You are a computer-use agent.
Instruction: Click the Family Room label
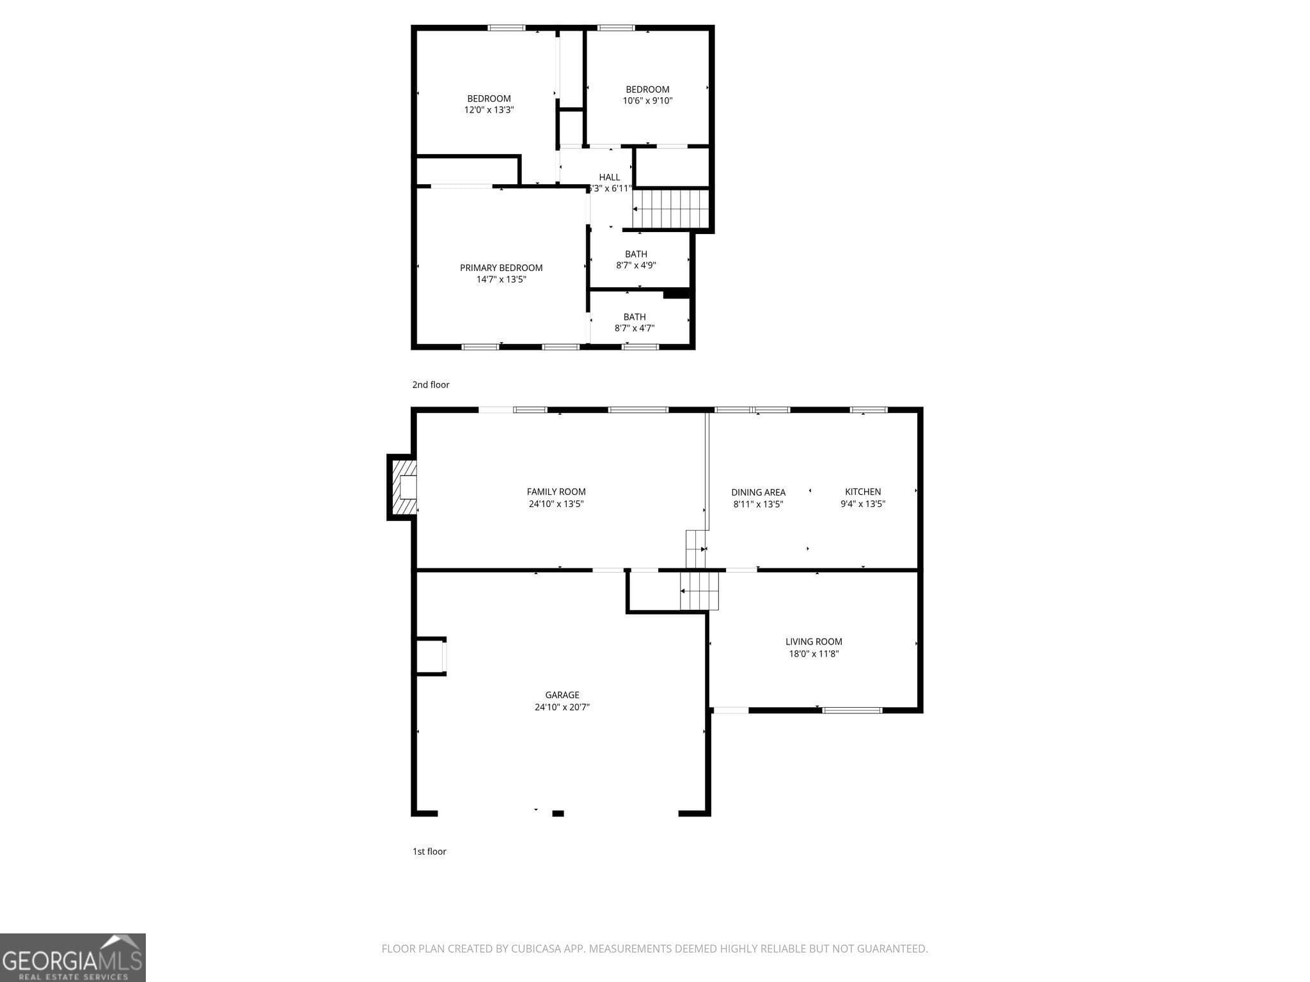click(x=556, y=492)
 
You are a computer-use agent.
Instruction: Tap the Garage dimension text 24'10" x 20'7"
click(x=562, y=707)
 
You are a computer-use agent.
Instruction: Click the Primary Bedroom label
click(x=501, y=268)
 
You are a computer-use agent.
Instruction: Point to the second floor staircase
click(x=671, y=208)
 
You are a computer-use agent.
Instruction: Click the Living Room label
click(x=813, y=641)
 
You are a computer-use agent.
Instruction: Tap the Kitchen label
click(x=862, y=492)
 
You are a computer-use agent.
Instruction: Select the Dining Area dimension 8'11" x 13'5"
click(x=758, y=504)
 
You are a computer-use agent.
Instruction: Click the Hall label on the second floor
click(x=609, y=177)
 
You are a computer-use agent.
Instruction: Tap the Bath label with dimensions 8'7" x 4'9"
click(x=636, y=254)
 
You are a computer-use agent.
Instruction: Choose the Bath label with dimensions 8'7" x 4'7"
click(x=634, y=317)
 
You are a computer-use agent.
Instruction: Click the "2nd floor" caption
click(x=430, y=384)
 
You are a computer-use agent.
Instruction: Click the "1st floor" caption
click(x=429, y=851)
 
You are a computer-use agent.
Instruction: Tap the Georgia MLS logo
click(x=72, y=957)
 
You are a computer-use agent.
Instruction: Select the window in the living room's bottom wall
click(x=851, y=710)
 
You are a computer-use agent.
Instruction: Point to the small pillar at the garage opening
click(x=558, y=813)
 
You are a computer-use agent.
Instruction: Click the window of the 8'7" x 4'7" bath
click(x=640, y=347)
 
